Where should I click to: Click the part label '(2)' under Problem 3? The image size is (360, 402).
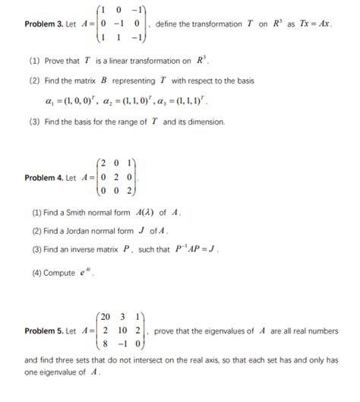coord(34,81)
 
